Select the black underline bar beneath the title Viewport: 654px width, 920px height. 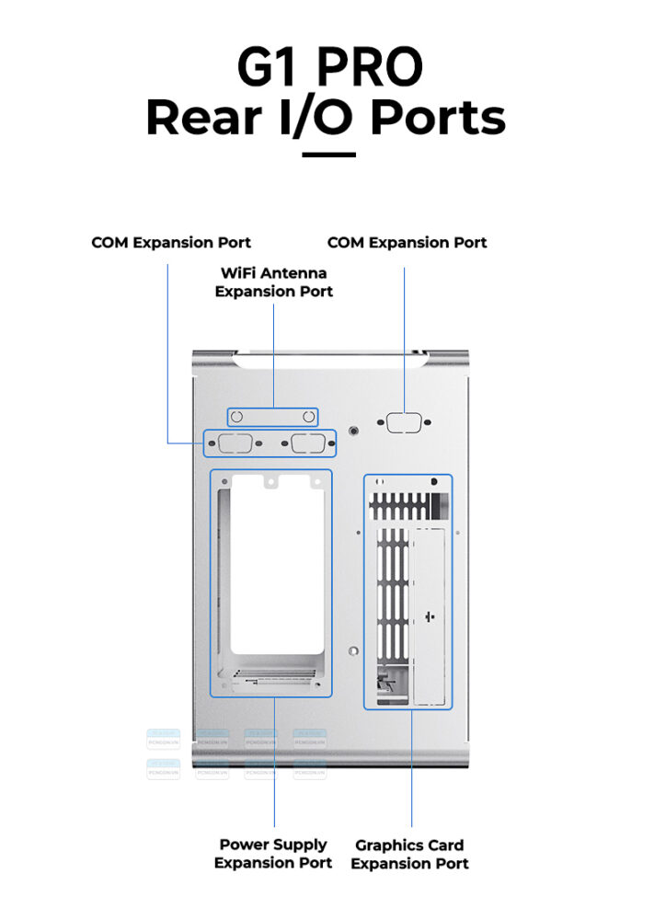click(x=328, y=155)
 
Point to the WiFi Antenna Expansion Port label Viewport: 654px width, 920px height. click(x=273, y=282)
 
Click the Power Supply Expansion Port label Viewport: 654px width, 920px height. click(x=273, y=853)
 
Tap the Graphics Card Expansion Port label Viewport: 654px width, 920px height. click(x=409, y=854)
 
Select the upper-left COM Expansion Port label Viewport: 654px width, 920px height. click(x=171, y=243)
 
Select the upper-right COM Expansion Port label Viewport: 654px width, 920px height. click(x=407, y=243)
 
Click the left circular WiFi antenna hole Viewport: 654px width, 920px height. click(x=236, y=418)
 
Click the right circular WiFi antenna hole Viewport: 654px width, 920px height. click(x=308, y=418)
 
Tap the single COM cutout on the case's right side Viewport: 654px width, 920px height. click(x=405, y=423)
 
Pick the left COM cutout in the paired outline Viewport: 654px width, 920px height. click(x=236, y=444)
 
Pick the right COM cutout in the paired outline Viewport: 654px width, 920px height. click(x=306, y=444)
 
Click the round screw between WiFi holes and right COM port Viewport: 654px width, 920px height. click(x=355, y=430)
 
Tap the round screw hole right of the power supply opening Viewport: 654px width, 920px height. click(x=353, y=650)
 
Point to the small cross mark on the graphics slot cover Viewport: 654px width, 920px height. click(x=431, y=615)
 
